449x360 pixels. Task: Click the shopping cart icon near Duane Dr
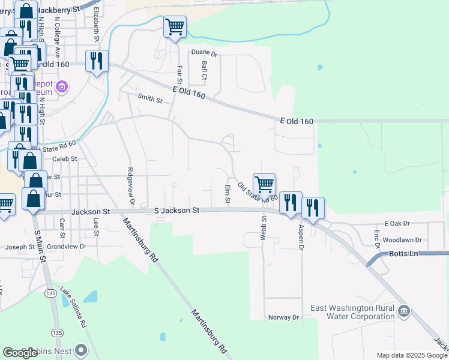click(x=175, y=26)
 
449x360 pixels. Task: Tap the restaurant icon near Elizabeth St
click(x=96, y=61)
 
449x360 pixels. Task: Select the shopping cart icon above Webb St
click(x=264, y=184)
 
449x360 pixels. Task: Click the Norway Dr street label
click(x=283, y=317)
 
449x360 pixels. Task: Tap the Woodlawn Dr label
click(x=402, y=240)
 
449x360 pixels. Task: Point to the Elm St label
click(x=228, y=194)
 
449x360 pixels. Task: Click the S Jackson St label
click(x=176, y=211)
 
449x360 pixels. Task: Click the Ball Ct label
click(x=204, y=70)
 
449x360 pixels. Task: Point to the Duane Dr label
click(x=204, y=53)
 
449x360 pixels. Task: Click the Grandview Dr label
click(x=67, y=247)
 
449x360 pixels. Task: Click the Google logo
click(x=20, y=353)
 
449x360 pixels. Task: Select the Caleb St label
click(x=65, y=159)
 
